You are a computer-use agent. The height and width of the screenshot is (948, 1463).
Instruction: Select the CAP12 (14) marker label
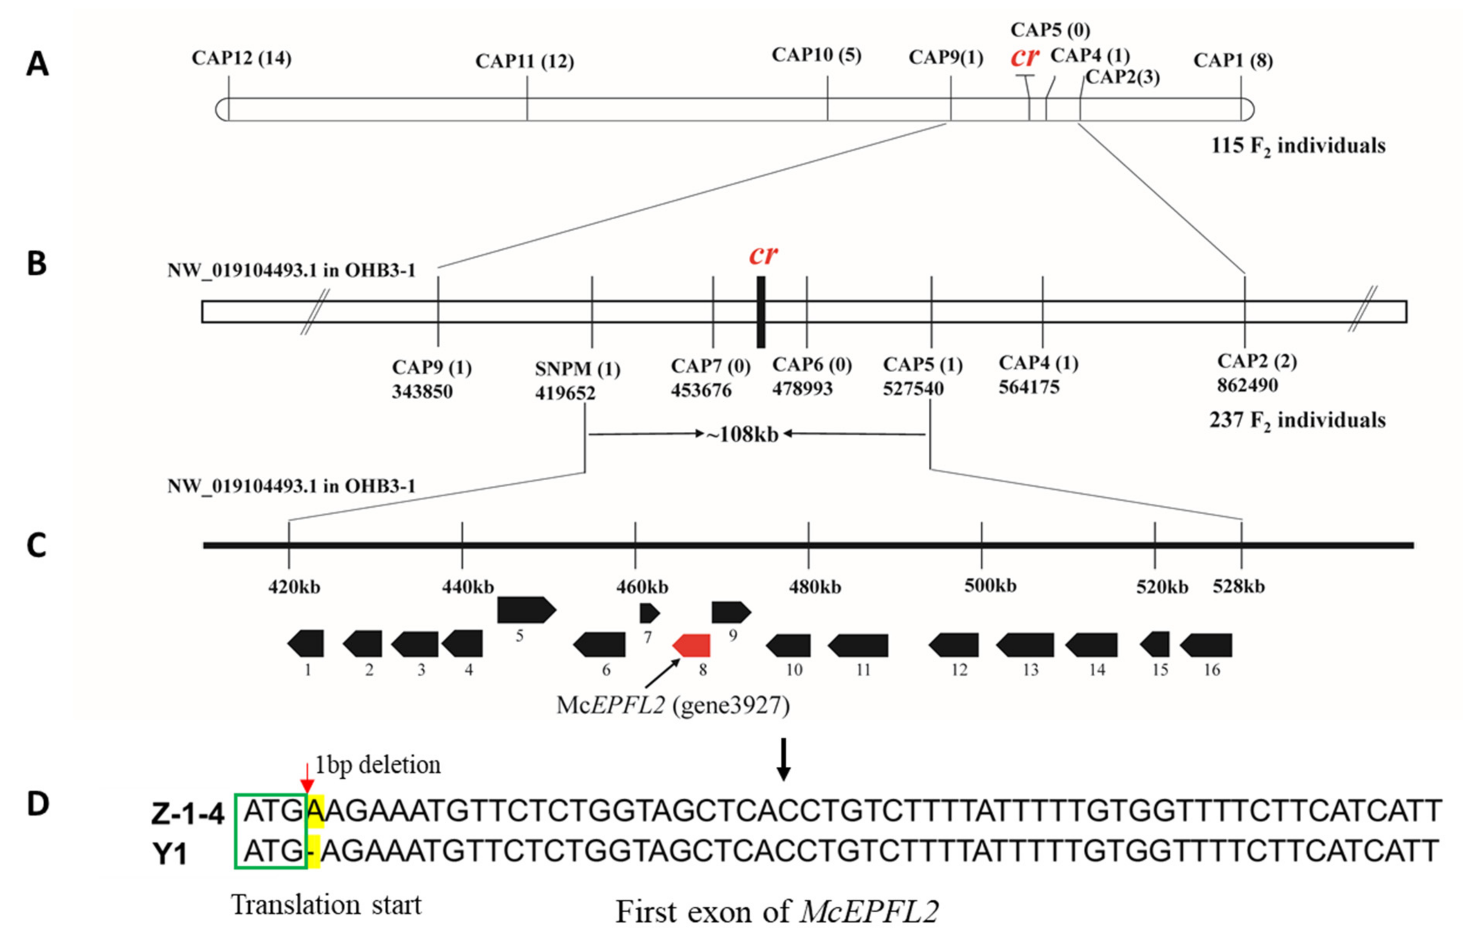pos(242,58)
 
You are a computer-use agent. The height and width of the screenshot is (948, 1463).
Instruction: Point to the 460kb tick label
pos(642,587)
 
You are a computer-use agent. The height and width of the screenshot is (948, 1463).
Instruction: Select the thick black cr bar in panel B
pos(761,312)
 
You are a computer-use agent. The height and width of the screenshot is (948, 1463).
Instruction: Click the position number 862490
pos(1247,385)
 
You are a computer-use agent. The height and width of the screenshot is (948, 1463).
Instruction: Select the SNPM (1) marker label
pos(577,369)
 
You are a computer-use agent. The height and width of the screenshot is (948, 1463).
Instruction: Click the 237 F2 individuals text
pos(1297,421)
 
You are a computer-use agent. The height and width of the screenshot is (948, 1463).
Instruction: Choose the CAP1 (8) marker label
pos(1233,61)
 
